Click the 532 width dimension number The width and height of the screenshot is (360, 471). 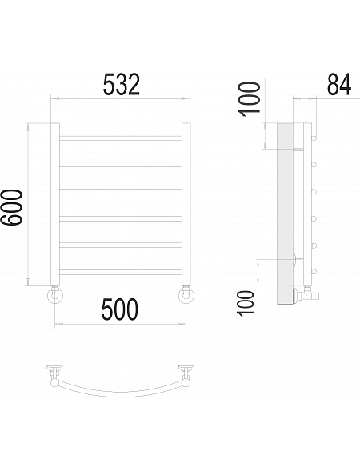click(122, 85)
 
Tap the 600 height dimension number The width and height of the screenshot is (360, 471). click(11, 207)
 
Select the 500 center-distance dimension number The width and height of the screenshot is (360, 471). click(120, 309)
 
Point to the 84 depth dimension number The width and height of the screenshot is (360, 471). click(339, 85)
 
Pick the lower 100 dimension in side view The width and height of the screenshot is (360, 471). click(246, 303)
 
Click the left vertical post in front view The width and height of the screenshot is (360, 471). click(55, 204)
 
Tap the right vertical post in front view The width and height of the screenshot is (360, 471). click(186, 204)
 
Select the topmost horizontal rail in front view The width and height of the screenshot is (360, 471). click(121, 138)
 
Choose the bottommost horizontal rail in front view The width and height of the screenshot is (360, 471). click(121, 272)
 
